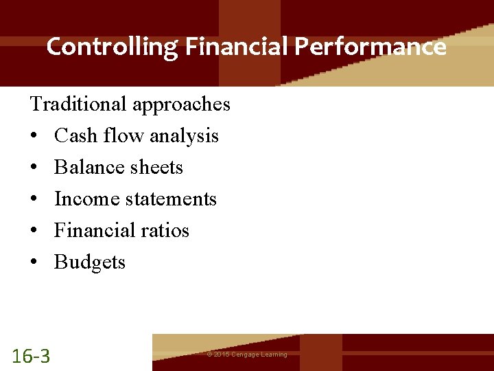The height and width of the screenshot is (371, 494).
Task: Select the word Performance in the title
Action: pyautogui.click(x=371, y=47)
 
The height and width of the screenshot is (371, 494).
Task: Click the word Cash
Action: pyautogui.click(x=76, y=136)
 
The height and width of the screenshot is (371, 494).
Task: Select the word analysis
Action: pyautogui.click(x=184, y=137)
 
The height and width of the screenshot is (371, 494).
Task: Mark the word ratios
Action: pyautogui.click(x=165, y=231)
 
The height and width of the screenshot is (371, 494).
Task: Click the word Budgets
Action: pyautogui.click(x=90, y=262)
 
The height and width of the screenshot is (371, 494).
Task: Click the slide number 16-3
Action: pyautogui.click(x=31, y=356)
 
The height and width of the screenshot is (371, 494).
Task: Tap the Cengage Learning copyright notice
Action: pyautogui.click(x=247, y=355)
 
